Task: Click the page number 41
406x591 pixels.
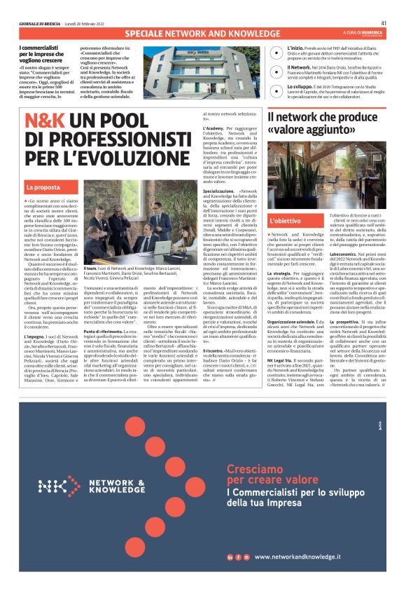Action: point(384,22)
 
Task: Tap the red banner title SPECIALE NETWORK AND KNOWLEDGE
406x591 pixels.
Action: point(202,34)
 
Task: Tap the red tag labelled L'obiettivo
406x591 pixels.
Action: point(286,221)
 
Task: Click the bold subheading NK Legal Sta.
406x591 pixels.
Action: point(282,341)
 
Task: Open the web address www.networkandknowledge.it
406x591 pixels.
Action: point(297,557)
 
